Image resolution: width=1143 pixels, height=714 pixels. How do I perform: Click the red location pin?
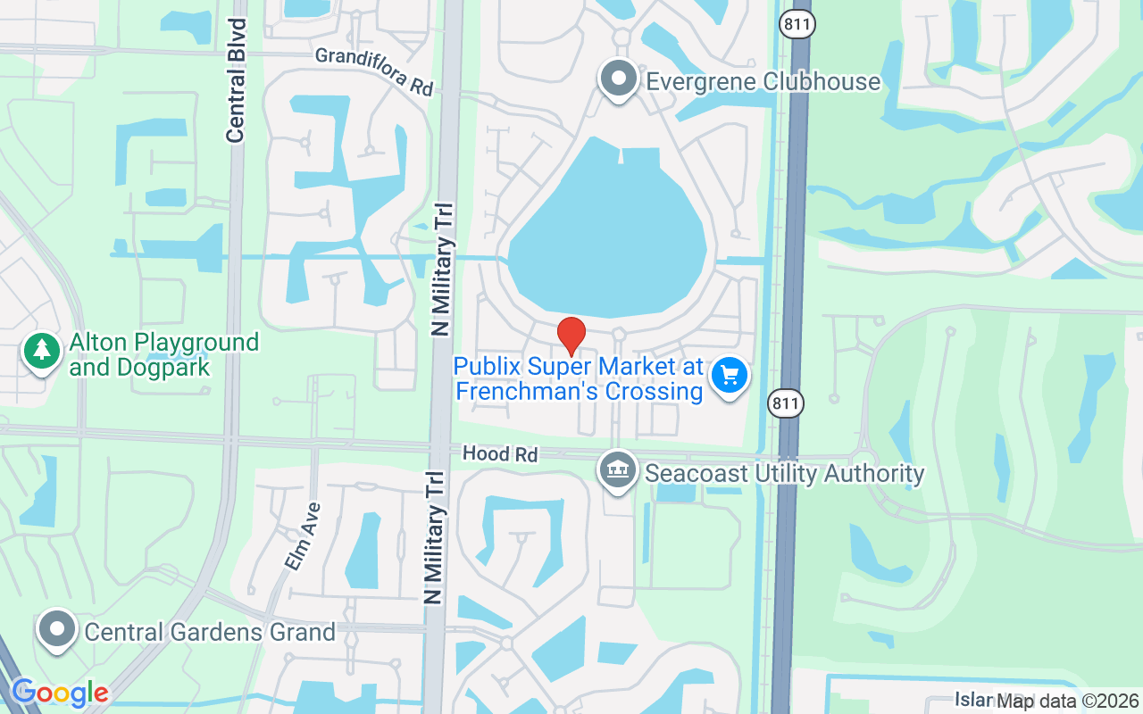click(x=571, y=336)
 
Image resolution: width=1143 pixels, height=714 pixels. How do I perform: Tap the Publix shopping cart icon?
click(x=729, y=376)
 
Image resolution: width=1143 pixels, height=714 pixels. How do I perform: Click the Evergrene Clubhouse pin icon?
click(x=618, y=79)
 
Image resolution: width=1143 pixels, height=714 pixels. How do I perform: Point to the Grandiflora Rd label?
click(x=374, y=71)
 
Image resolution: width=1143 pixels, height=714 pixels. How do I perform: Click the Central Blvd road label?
click(x=236, y=80)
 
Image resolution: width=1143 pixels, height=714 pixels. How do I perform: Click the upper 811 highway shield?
click(x=797, y=24)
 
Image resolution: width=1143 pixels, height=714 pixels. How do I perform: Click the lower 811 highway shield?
click(x=786, y=403)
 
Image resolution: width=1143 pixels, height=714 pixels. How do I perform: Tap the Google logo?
click(x=59, y=693)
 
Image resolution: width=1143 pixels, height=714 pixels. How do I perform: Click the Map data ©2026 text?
click(x=1068, y=701)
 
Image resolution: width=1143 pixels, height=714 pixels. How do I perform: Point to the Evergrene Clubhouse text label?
click(x=763, y=82)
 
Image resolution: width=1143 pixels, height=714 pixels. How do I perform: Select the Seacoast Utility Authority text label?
click(x=784, y=473)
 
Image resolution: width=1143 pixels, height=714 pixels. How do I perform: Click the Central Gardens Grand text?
click(x=210, y=632)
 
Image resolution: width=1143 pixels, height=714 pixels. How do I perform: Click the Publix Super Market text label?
click(x=579, y=378)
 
